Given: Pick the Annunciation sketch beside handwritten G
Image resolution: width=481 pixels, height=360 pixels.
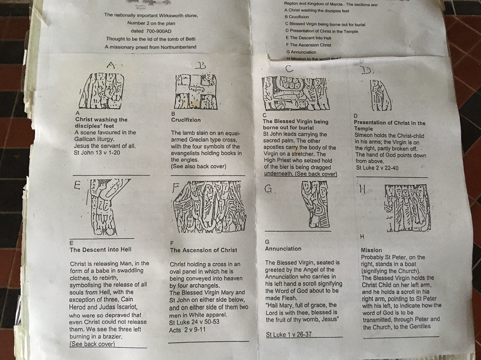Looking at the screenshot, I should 316,205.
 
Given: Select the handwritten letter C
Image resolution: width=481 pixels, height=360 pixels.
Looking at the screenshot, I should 289,69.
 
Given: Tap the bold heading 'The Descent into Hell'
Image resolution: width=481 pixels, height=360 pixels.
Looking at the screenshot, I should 100,250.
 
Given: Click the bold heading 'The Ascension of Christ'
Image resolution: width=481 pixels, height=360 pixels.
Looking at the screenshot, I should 204,250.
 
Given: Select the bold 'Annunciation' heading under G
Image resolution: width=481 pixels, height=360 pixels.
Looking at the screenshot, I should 283,249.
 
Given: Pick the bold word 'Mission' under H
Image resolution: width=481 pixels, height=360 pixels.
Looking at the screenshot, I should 371,250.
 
